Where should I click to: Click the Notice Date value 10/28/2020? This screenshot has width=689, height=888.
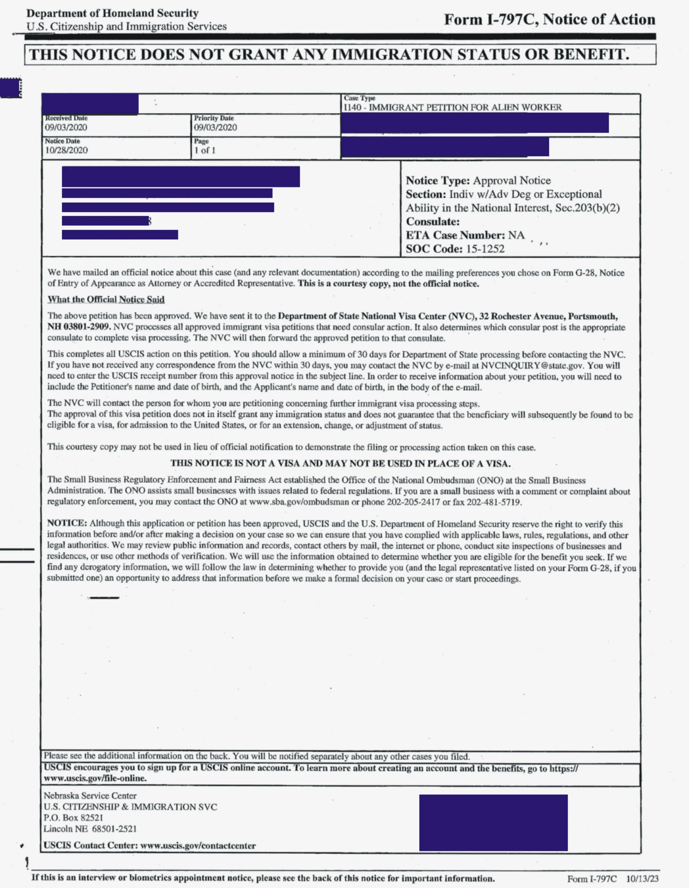coord(66,150)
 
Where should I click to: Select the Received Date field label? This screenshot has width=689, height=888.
coord(66,118)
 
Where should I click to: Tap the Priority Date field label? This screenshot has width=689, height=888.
coord(214,118)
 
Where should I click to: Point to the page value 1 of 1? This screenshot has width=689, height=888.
coord(205,150)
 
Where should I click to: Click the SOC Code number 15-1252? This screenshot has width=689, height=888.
coord(485,249)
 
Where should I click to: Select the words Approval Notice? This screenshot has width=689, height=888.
coord(512,180)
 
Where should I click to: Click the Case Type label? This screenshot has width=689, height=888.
coord(359,98)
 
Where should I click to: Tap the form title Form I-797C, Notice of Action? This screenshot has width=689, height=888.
coord(549,19)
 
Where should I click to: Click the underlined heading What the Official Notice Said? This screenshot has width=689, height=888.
coord(106,300)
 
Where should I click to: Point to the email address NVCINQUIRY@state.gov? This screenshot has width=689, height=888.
coord(532,366)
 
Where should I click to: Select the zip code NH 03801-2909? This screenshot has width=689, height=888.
coord(79,327)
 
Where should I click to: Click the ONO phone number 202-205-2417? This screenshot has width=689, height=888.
coord(413,502)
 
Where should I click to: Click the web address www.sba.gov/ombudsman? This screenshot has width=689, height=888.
coord(299,502)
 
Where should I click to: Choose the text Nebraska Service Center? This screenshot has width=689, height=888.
coord(90,796)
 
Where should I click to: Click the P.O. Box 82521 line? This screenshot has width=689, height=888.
coord(74,818)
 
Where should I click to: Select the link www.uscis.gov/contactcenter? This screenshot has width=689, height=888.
coord(198,846)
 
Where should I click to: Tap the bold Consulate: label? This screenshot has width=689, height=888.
coord(432,222)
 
